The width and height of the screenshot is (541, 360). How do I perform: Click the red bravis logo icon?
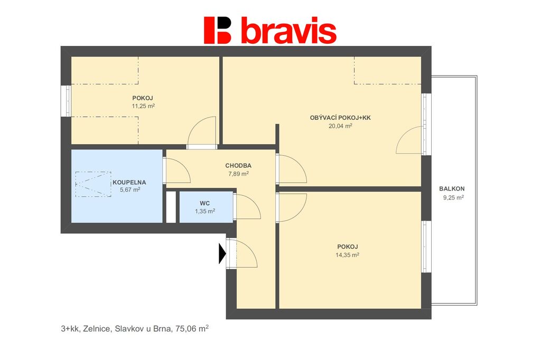pyautogui.click(x=217, y=30)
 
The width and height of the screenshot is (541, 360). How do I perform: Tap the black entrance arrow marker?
pyautogui.click(x=222, y=253)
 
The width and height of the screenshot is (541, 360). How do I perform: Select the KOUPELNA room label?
pyautogui.click(x=129, y=183)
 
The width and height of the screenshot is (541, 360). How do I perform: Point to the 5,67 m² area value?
pyautogui.click(x=130, y=190)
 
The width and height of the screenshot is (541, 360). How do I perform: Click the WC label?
pyautogui.click(x=204, y=203)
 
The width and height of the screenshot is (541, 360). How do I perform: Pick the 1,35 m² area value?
pyautogui.click(x=205, y=211)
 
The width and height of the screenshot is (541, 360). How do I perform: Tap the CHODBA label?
pyautogui.click(x=238, y=166)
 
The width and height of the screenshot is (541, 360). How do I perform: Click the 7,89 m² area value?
pyautogui.click(x=238, y=174)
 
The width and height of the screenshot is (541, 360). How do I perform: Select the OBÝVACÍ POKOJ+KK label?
pyautogui.click(x=340, y=118)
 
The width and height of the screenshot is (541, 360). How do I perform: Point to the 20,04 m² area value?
pyautogui.click(x=340, y=126)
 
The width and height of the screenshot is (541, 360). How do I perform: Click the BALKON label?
pyautogui.click(x=452, y=189)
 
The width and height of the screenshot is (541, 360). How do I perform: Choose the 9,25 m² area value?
pyautogui.click(x=453, y=197)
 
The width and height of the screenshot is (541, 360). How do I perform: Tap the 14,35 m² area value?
pyautogui.click(x=347, y=255)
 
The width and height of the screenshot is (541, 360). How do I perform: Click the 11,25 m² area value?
pyautogui.click(x=143, y=106)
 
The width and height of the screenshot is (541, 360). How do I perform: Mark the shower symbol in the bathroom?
pyautogui.click(x=93, y=184)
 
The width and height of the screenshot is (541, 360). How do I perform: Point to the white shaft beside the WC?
pyautogui.click(x=171, y=207)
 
